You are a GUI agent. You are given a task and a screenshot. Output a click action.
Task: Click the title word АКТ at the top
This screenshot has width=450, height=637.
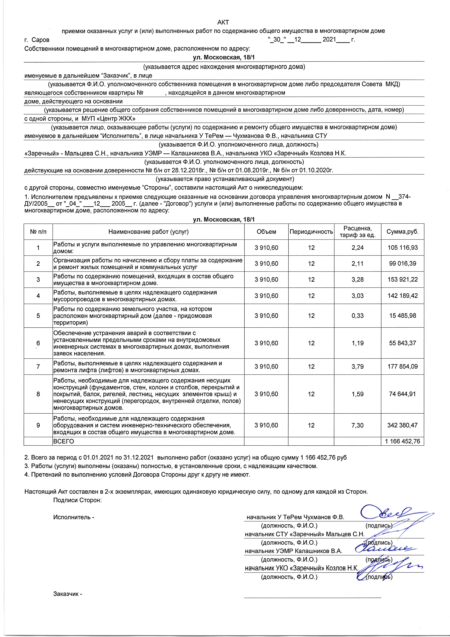point(223,22)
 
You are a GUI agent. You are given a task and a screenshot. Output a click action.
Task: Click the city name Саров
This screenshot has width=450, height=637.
point(40,40)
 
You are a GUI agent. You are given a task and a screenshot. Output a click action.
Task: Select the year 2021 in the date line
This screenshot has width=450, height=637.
point(329,40)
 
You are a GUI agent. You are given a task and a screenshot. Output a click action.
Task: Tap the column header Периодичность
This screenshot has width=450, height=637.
point(311,232)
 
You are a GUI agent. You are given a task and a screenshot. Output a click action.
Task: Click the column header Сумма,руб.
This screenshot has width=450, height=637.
point(402,232)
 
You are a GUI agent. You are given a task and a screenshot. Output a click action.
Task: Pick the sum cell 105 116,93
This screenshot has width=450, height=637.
point(402,248)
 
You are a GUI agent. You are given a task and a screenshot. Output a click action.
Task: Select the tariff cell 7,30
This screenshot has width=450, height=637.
point(357,425)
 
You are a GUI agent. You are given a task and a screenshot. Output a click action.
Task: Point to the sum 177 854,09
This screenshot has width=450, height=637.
point(402,366)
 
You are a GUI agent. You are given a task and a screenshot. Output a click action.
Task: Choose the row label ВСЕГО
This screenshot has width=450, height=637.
point(64,441)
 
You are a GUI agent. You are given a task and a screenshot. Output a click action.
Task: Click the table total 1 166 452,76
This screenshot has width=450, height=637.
point(402,441)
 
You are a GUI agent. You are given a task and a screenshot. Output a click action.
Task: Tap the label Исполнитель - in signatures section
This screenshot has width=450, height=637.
point(74,517)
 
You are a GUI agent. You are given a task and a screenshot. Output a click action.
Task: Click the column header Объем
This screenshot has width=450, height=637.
point(266,232)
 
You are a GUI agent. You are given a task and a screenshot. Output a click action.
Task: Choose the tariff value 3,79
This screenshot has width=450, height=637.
point(357,366)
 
